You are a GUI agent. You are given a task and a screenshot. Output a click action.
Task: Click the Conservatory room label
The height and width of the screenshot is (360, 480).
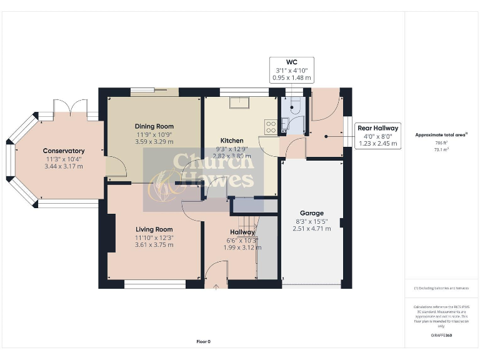(x=63, y=151)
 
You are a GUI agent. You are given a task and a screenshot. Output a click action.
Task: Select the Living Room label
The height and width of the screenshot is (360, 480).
(x=153, y=229)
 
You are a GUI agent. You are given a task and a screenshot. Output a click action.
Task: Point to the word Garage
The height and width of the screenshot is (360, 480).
(x=311, y=213)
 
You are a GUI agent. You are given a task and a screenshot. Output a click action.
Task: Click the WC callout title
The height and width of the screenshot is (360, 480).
(x=291, y=62)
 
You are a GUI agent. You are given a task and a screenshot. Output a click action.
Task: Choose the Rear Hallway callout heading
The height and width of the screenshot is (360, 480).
(x=377, y=128)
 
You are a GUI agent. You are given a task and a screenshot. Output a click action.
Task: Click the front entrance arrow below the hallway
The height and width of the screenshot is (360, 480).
(x=216, y=287)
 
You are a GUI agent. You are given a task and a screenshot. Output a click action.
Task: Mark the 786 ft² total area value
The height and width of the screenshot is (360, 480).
(x=442, y=142)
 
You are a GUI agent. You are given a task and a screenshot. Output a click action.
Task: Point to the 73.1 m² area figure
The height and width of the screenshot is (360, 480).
(x=442, y=150)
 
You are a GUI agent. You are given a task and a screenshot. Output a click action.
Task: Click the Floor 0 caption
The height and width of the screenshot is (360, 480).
(x=204, y=342)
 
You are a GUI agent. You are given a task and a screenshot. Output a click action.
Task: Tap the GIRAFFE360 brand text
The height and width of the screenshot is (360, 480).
(x=442, y=336)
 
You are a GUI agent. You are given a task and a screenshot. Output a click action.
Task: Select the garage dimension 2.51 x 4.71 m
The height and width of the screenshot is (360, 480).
(x=311, y=229)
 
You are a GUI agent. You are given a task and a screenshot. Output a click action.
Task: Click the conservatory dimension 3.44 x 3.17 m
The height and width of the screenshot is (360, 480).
(x=63, y=166)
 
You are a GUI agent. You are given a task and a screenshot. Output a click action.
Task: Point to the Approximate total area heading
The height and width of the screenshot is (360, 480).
(x=441, y=135)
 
